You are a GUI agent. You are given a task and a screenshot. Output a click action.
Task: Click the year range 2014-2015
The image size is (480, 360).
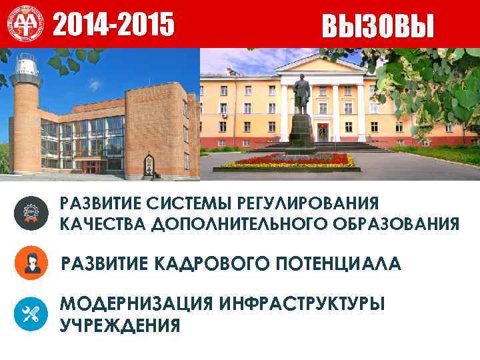click(113, 25)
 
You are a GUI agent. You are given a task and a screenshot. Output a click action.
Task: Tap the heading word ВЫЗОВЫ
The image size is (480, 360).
click(378, 26)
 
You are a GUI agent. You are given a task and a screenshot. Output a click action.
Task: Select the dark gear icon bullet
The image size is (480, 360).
click(31, 213)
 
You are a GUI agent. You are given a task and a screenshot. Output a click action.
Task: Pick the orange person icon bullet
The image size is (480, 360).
click(31, 263)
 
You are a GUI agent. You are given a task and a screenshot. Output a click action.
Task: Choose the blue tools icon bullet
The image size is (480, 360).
click(31, 313)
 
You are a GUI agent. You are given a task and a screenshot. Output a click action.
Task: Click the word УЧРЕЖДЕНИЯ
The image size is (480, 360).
click(120, 325)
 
